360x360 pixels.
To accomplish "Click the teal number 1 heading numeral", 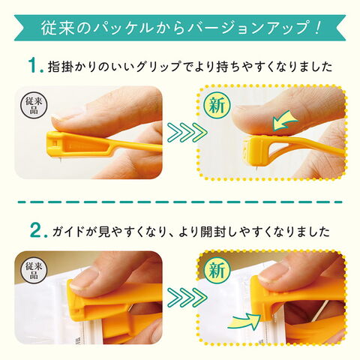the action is (x=34, y=65).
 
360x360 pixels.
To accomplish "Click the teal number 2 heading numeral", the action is (x=35, y=230).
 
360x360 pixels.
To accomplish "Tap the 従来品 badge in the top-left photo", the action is (x=34, y=105).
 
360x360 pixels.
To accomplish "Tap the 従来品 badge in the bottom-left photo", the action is (x=34, y=271).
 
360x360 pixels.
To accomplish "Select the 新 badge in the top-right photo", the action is (x=216, y=105).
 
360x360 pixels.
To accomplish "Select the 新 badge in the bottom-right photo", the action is (x=216, y=271).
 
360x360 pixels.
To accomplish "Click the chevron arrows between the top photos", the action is (x=187, y=132).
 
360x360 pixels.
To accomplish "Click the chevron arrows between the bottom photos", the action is (x=187, y=297).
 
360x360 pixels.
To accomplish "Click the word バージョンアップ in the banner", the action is (x=250, y=28).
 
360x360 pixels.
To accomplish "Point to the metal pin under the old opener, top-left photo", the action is (x=60, y=158).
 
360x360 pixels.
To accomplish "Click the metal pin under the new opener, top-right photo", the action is (x=255, y=169).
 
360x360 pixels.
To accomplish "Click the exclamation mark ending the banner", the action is (x=316, y=28).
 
